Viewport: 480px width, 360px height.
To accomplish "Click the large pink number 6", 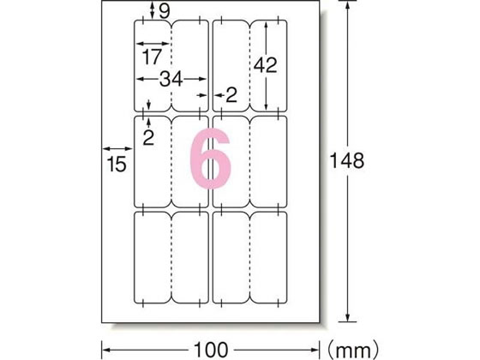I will pos(209,159).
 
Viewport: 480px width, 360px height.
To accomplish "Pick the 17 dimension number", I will pos(152,57).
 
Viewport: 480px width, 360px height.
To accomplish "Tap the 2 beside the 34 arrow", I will pos(230,95).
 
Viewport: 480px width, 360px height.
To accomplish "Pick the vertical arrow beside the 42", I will pos(270,64).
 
